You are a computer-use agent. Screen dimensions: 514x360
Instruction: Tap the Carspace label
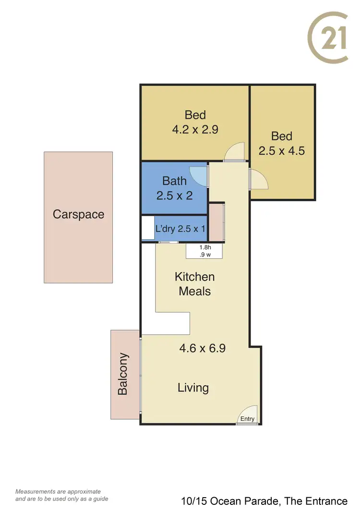(78, 214)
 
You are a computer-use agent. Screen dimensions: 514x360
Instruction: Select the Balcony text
(123, 374)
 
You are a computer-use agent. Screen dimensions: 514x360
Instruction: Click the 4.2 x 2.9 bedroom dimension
(195, 129)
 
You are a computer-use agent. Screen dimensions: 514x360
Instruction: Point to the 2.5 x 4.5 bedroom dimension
(282, 151)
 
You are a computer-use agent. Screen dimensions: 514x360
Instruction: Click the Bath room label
(174, 181)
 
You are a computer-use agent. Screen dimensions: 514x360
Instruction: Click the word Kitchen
(194, 277)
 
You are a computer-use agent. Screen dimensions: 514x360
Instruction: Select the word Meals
(194, 291)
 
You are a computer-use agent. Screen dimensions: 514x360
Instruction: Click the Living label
(193, 387)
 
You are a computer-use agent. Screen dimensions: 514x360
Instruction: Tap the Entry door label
(248, 419)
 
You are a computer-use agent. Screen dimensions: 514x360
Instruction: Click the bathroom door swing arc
(198, 175)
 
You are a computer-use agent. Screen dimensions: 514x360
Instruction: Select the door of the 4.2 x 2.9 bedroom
(235, 152)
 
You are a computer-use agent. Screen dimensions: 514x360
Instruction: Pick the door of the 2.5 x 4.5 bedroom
(258, 180)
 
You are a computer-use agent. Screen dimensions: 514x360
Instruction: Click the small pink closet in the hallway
(216, 221)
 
